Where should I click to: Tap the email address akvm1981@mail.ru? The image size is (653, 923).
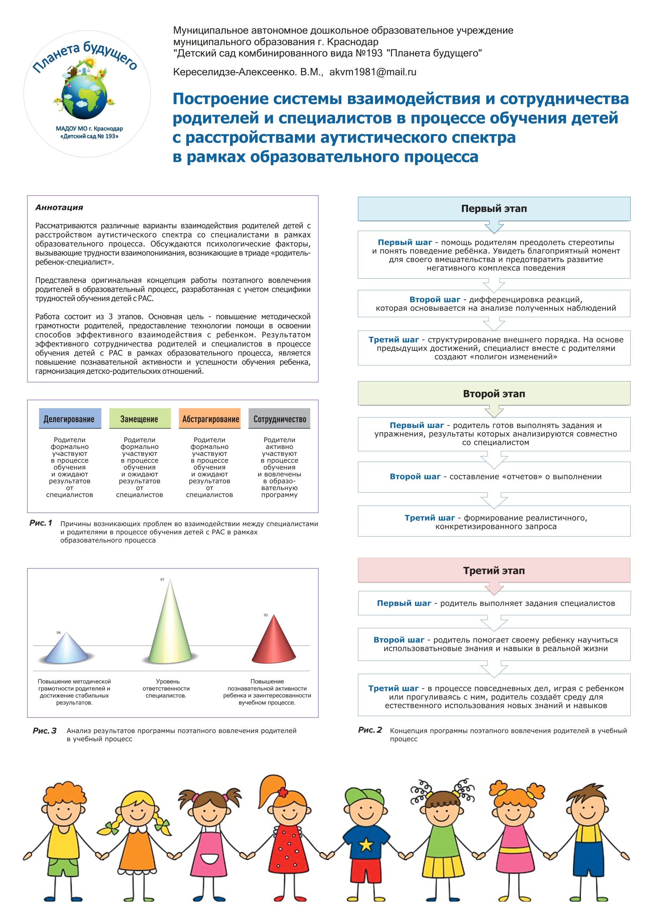[x=373, y=72]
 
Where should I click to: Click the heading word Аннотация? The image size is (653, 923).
[x=59, y=207]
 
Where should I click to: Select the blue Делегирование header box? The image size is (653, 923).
[x=70, y=419]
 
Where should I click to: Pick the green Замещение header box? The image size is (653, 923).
[x=140, y=419]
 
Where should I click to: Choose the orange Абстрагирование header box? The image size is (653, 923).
[x=209, y=419]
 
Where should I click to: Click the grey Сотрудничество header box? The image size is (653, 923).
[x=279, y=419]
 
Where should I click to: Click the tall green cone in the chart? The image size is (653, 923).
[x=170, y=627]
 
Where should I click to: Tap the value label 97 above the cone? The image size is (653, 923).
[x=162, y=580]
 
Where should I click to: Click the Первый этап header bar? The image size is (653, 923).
[x=494, y=209]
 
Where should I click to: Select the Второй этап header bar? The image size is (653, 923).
[x=494, y=394]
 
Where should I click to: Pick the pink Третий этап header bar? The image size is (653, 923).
[x=494, y=570]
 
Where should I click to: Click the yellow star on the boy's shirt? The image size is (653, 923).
[x=366, y=845]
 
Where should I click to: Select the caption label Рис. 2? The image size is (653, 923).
[x=370, y=730]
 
